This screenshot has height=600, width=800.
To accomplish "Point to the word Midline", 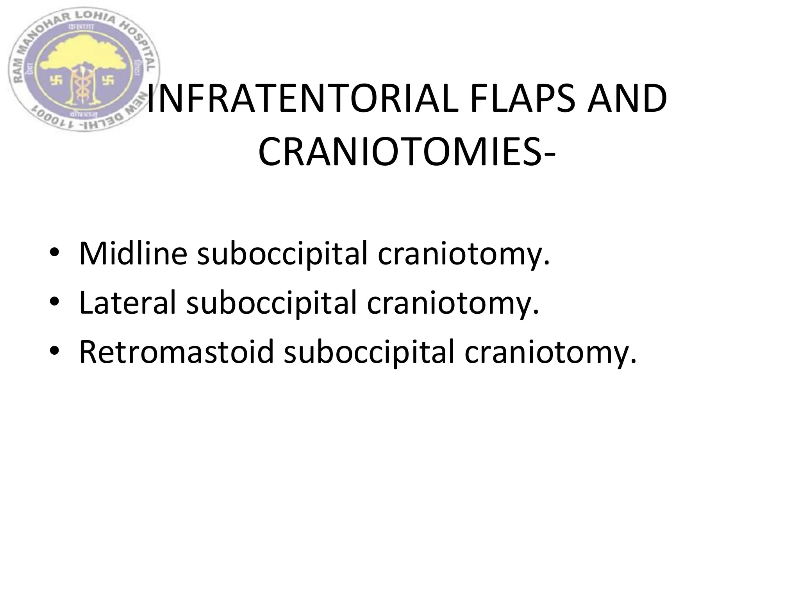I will pos(133,254).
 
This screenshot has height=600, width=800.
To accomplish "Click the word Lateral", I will pos(127,303).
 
